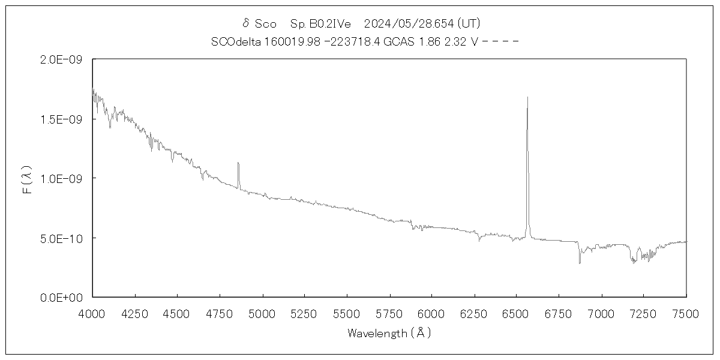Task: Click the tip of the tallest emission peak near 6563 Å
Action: point(527,97)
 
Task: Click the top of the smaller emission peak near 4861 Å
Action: point(238,163)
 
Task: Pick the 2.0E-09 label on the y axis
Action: point(65,60)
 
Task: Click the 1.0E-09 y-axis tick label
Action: point(65,179)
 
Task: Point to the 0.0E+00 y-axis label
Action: point(65,298)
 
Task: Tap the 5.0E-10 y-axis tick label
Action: point(65,238)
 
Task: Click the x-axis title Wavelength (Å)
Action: point(389,333)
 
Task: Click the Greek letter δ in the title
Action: point(245,23)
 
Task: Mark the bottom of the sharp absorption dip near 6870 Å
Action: point(580,263)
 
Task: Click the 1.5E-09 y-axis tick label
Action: point(65,119)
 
